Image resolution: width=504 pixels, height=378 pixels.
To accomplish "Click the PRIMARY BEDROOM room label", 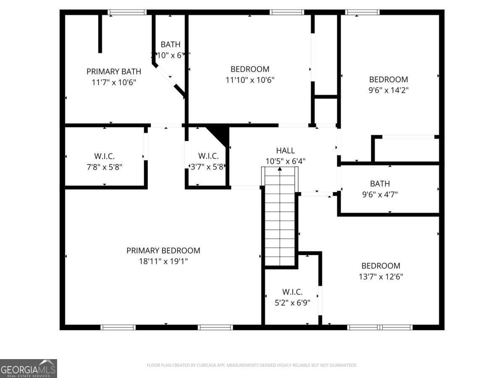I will (x=163, y=251).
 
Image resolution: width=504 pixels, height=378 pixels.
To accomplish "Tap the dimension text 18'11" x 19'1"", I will (x=163, y=261).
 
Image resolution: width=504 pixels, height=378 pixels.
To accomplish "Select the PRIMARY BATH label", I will (x=114, y=72).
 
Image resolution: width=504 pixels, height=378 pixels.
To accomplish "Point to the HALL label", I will (x=285, y=150).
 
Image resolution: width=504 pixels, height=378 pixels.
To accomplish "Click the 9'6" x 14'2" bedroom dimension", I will (x=388, y=90).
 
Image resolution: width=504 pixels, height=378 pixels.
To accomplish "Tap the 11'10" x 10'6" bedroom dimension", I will (x=250, y=80).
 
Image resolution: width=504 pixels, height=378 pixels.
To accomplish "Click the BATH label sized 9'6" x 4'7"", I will (x=380, y=184).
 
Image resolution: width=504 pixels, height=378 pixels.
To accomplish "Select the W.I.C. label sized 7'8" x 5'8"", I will (x=104, y=156).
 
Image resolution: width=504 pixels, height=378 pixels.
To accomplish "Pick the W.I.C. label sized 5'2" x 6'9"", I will (x=292, y=292).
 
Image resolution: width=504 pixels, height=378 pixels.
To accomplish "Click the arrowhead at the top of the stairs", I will (x=280, y=169).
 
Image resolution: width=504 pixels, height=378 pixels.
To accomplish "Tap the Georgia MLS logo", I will (x=29, y=368).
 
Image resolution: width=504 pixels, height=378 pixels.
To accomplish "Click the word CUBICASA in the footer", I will (x=206, y=365).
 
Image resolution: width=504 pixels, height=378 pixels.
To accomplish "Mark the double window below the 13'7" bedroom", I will (x=381, y=327).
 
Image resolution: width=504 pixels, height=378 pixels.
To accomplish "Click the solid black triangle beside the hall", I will (x=220, y=134).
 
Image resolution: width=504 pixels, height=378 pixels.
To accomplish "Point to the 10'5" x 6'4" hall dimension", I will (x=285, y=161).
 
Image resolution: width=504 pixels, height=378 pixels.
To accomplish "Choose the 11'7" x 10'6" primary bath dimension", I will (x=114, y=83).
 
